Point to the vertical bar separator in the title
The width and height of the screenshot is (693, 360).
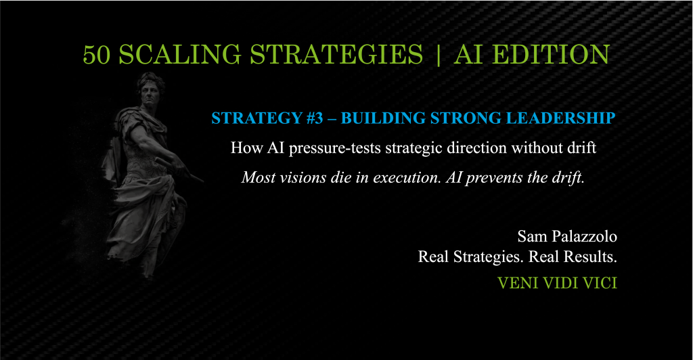(439, 55)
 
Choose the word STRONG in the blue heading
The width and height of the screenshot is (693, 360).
(460, 118)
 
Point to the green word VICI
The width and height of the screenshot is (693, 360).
(601, 283)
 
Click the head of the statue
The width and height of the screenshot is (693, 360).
(148, 90)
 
